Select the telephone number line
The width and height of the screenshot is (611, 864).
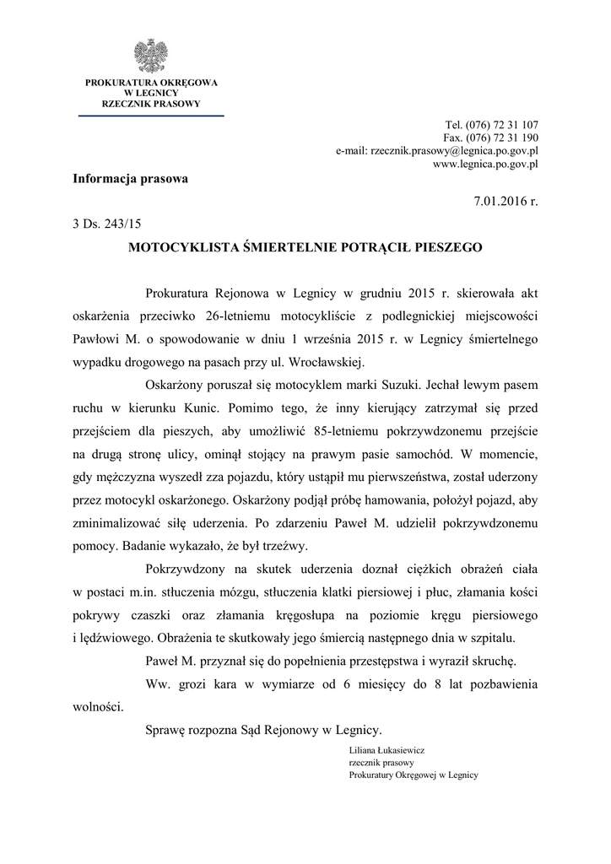click(x=491, y=124)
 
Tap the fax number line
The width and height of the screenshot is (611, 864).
click(x=490, y=138)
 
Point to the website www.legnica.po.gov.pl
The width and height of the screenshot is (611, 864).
click(x=485, y=165)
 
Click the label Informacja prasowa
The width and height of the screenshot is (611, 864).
click(x=131, y=179)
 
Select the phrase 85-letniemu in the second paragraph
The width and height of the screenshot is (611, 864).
click(x=373, y=430)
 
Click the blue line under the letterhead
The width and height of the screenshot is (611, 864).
click(x=151, y=115)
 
